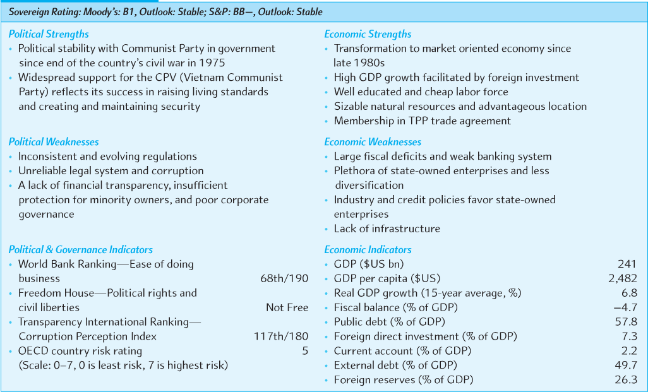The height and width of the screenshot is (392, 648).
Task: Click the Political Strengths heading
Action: (x=49, y=34)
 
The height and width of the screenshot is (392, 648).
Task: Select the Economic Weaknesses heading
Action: (x=373, y=142)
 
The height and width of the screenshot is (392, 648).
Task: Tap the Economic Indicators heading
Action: (x=368, y=249)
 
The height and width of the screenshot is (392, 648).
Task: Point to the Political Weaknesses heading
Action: (x=54, y=142)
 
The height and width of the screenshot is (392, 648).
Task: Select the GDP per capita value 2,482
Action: (x=622, y=278)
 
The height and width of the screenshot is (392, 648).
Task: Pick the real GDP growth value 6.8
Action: (x=629, y=293)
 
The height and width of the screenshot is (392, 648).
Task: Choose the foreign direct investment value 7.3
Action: (x=629, y=336)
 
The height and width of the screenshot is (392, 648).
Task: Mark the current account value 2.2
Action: (x=629, y=351)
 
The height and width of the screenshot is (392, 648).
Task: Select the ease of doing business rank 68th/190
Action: (x=284, y=278)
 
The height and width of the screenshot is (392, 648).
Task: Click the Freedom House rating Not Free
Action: (x=287, y=307)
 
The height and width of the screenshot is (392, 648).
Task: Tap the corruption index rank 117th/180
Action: (x=281, y=336)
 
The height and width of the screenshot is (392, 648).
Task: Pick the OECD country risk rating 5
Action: (x=305, y=351)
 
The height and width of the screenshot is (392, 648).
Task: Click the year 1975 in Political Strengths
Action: (x=212, y=63)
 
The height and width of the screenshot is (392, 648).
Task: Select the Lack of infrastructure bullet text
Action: (x=387, y=229)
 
